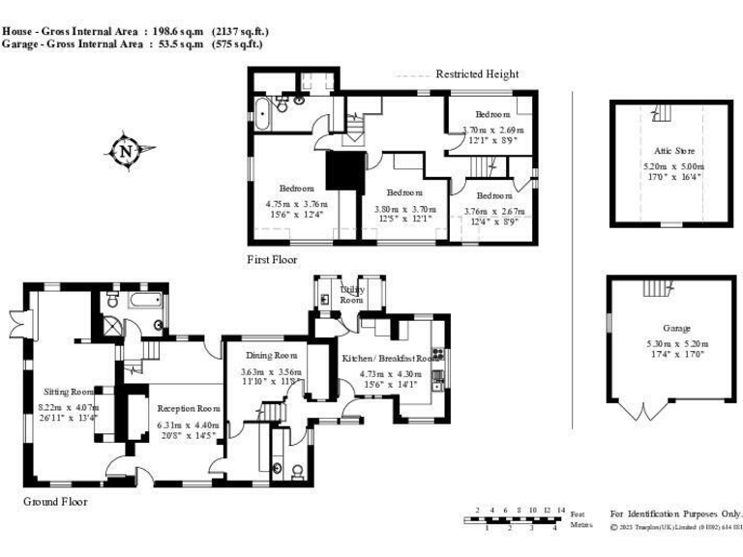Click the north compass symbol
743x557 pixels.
click(126, 151)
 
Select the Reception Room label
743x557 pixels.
click(189, 408)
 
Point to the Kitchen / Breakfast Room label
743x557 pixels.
click(390, 358)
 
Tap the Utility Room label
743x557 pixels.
click(351, 294)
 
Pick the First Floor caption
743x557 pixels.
click(272, 260)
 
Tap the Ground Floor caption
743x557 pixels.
click(55, 502)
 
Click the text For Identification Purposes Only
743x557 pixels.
click(675, 513)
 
